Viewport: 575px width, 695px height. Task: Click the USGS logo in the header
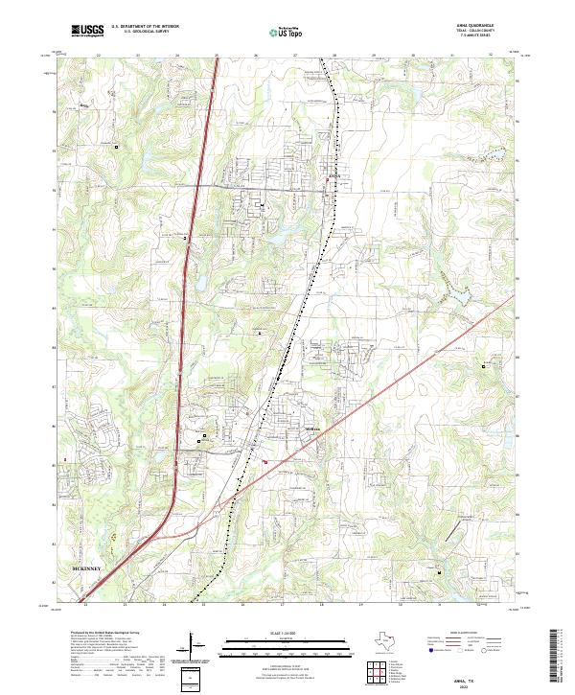pyautogui.click(x=87, y=31)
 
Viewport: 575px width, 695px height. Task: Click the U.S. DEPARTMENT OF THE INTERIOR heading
pyautogui.click(x=145, y=27)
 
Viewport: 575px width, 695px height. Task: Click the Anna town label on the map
pyautogui.click(x=333, y=175)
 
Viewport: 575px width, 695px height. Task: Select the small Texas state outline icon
pyautogui.click(x=385, y=640)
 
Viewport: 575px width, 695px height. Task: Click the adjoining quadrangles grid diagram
pyautogui.click(x=377, y=674)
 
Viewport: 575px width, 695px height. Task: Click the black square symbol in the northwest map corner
pyautogui.click(x=116, y=147)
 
